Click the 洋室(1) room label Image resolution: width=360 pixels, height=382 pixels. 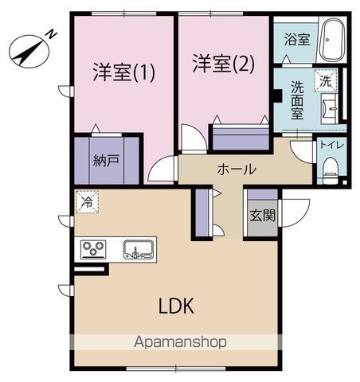(123, 72)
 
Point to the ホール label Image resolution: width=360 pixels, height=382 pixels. (237, 169)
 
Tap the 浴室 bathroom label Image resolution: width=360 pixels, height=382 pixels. (297, 39)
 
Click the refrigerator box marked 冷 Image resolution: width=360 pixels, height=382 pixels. (86, 202)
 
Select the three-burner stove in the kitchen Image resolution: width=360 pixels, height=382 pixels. (92, 250)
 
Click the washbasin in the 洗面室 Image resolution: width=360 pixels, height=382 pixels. (330, 107)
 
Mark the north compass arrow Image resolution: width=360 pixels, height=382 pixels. (28, 53)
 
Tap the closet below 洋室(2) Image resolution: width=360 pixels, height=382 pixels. (241, 138)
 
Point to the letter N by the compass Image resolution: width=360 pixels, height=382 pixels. (50, 33)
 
